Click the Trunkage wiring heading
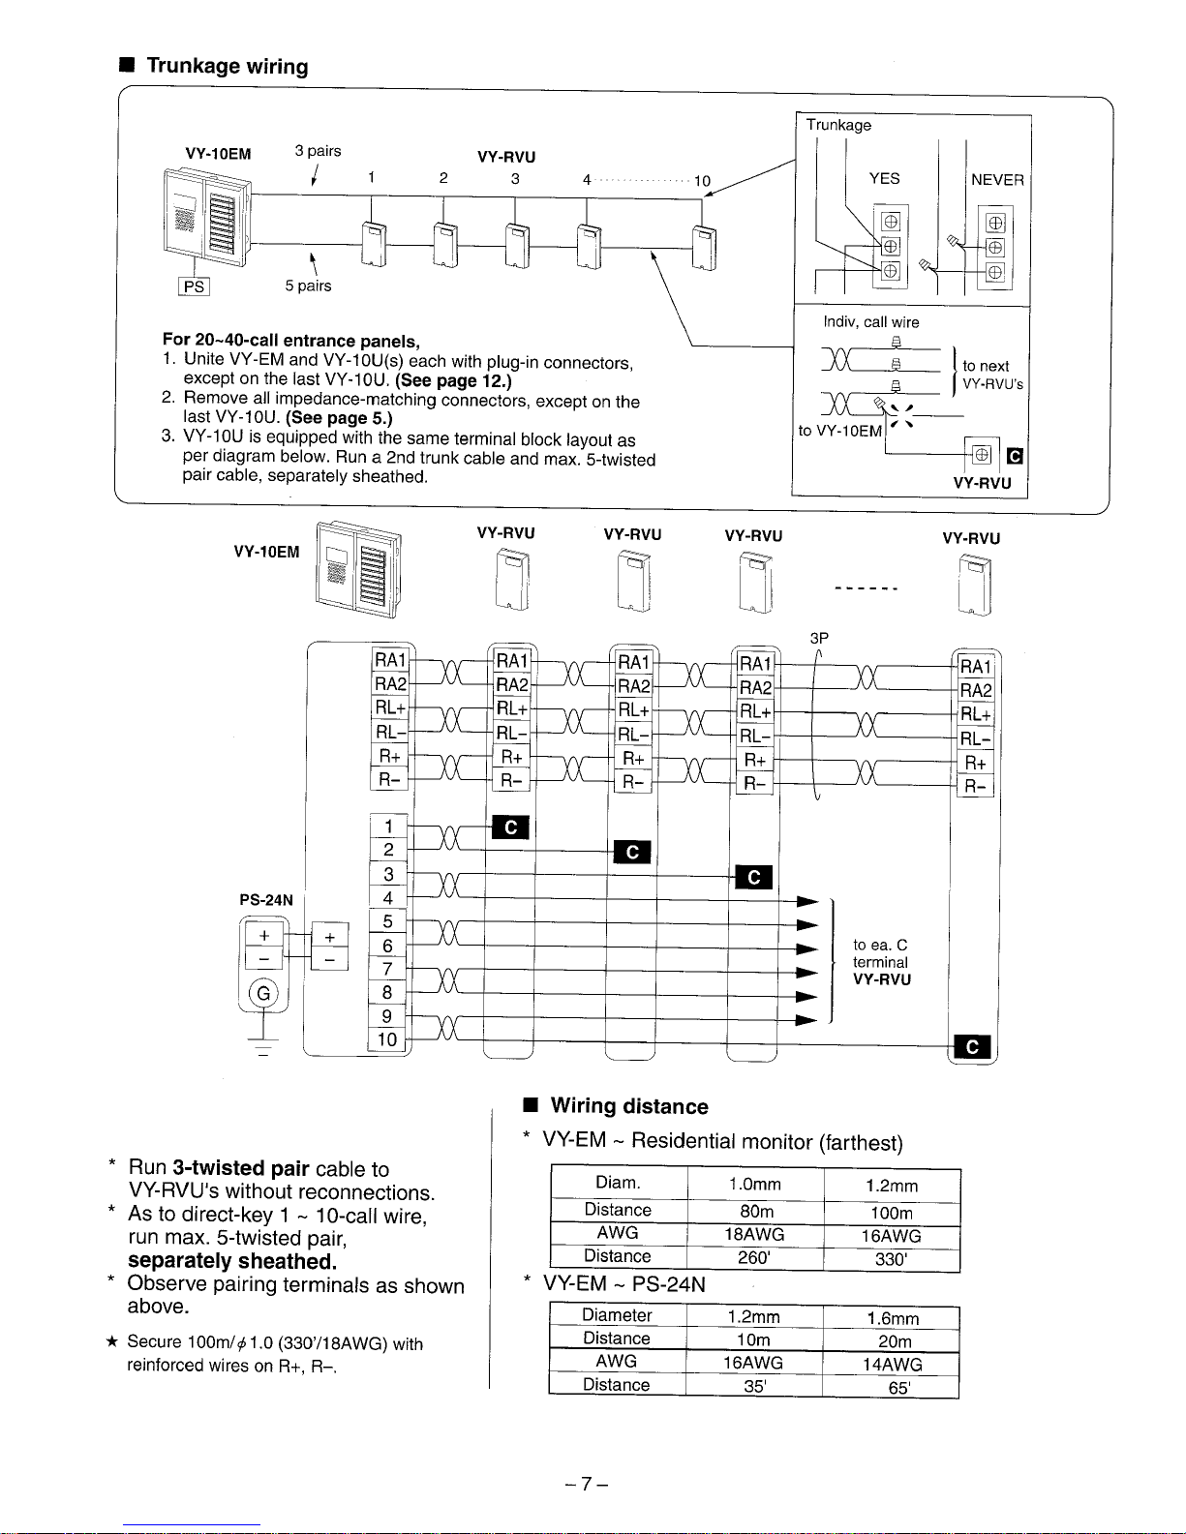click(x=227, y=67)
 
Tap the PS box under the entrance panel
click(x=194, y=286)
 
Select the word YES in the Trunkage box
click(x=884, y=179)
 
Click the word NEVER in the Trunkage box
click(x=997, y=180)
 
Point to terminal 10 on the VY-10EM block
click(x=387, y=1039)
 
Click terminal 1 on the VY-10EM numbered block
click(x=388, y=827)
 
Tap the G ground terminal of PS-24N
click(x=263, y=993)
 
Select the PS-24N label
click(x=265, y=900)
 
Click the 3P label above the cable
click(x=819, y=638)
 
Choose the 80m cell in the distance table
click(x=755, y=1212)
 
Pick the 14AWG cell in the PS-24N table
click(x=891, y=1365)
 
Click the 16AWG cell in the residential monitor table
click(x=891, y=1236)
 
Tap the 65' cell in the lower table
click(x=898, y=1388)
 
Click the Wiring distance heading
click(x=629, y=1106)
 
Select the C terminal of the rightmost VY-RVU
click(x=972, y=1047)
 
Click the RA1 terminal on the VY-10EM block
click(x=390, y=660)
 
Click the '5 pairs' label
click(x=308, y=286)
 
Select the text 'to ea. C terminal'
click(x=880, y=953)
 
